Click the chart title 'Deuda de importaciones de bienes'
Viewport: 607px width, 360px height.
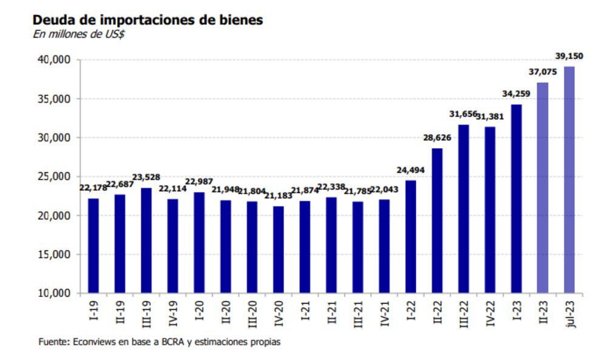click(148, 19)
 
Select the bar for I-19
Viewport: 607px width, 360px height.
click(93, 245)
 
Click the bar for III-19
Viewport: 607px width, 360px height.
click(146, 240)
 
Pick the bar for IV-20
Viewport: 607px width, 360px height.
click(278, 250)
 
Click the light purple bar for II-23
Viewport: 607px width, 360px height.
click(543, 188)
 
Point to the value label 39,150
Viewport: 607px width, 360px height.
click(569, 56)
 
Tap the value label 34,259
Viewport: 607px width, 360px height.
click(516, 93)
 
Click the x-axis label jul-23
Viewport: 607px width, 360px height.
click(569, 313)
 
